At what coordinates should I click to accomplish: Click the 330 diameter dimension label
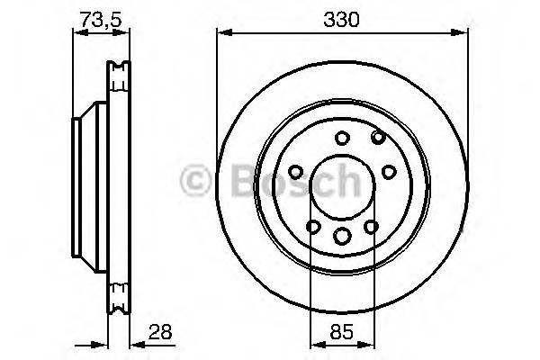(341, 18)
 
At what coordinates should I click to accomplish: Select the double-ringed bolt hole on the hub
(377, 137)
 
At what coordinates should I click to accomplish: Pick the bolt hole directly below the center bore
(341, 236)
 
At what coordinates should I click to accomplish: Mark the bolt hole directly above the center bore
(341, 139)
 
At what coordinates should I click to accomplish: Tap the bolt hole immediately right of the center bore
(389, 171)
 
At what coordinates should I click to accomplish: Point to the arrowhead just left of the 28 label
(134, 342)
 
